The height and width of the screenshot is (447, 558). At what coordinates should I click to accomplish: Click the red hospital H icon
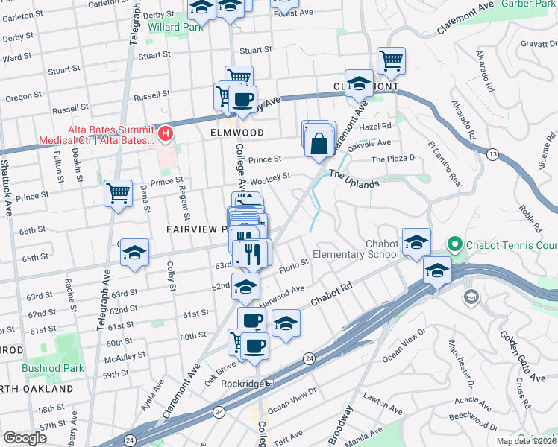(166, 134)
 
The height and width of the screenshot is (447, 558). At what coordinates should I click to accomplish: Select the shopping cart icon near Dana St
(118, 194)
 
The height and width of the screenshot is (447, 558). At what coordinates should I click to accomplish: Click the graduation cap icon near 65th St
(134, 253)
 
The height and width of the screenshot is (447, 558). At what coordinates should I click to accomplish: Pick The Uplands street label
(354, 179)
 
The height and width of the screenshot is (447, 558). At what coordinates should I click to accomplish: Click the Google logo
(25, 438)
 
